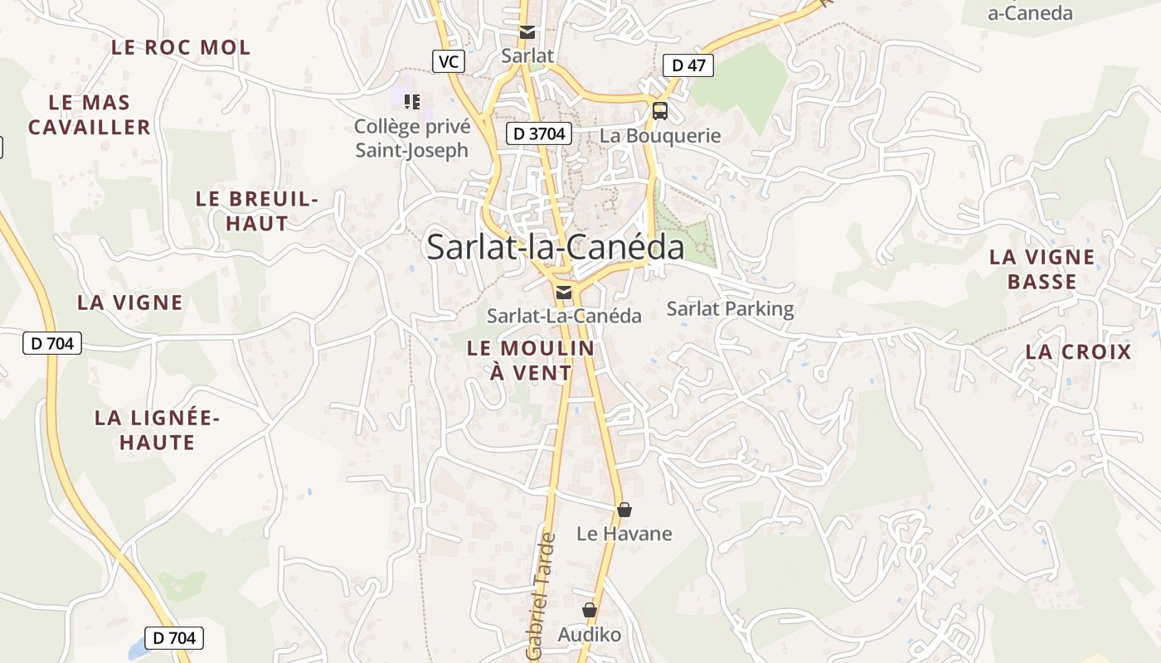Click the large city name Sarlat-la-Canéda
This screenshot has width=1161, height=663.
pyautogui.click(x=555, y=247)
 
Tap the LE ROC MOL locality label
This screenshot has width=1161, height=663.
pyautogui.click(x=181, y=47)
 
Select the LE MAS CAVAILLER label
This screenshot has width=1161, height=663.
pyautogui.click(x=90, y=114)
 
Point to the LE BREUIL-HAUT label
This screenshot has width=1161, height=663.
pyautogui.click(x=257, y=211)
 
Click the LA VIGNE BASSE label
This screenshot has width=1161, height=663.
pyautogui.click(x=1042, y=269)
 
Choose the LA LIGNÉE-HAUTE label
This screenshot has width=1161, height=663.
pyautogui.click(x=157, y=429)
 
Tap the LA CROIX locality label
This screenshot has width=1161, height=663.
pyautogui.click(x=1078, y=351)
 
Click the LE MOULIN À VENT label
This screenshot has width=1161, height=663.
pyautogui.click(x=531, y=361)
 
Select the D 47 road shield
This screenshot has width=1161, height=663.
pyautogui.click(x=688, y=65)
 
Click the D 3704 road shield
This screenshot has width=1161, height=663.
pyautogui.click(x=539, y=133)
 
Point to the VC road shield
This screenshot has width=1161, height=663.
pyautogui.click(x=449, y=61)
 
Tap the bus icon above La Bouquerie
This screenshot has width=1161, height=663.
pyautogui.click(x=660, y=110)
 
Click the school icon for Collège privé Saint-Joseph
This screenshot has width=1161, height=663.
pyautogui.click(x=412, y=102)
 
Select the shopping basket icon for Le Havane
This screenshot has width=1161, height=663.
pyautogui.click(x=624, y=510)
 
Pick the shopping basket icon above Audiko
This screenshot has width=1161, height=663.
pyautogui.click(x=590, y=611)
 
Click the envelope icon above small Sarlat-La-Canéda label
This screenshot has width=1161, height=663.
pyautogui.click(x=564, y=292)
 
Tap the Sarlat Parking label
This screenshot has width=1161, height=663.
pyautogui.click(x=730, y=309)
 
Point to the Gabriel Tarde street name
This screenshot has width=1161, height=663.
pyautogui.click(x=540, y=597)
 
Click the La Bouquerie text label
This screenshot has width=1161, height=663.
pyautogui.click(x=660, y=136)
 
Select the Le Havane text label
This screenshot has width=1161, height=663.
pyautogui.click(x=624, y=534)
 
